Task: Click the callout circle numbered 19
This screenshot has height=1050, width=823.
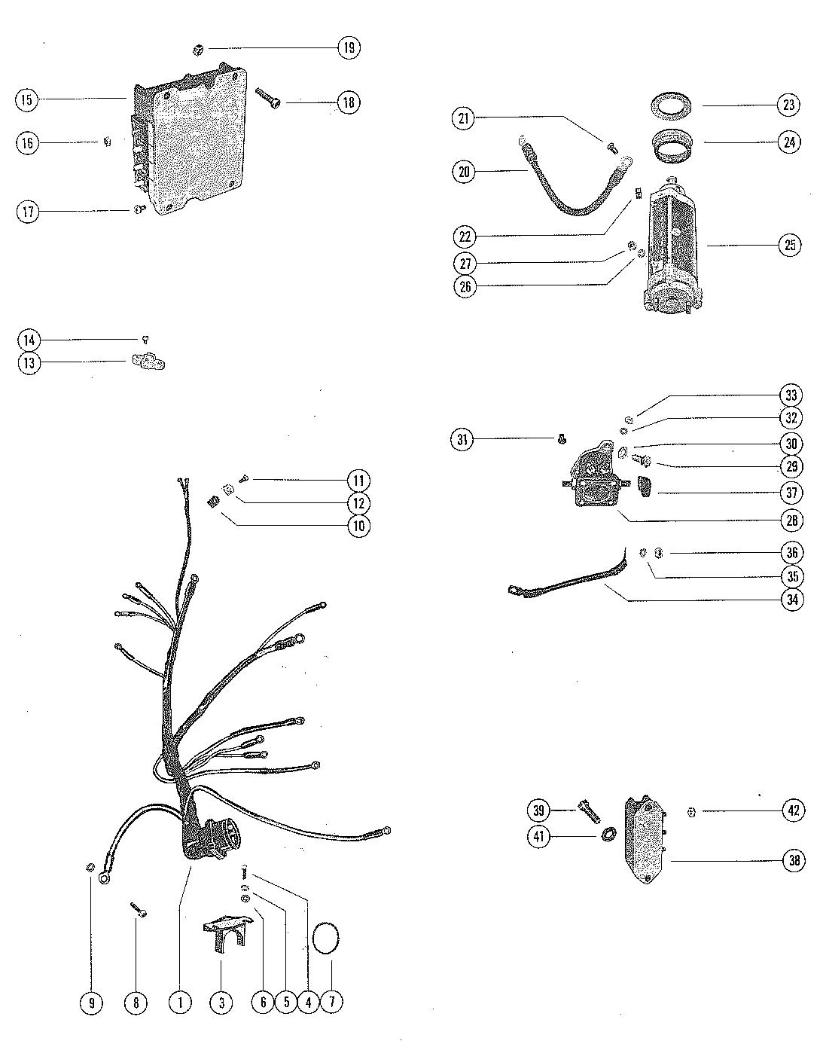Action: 348,48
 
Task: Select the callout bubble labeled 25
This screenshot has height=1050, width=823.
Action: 790,245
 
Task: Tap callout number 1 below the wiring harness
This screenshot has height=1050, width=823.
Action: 180,1002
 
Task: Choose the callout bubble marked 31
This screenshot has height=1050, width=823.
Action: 463,439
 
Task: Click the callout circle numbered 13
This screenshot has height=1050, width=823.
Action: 29,363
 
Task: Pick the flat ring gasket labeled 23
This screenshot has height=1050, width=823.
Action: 672,103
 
